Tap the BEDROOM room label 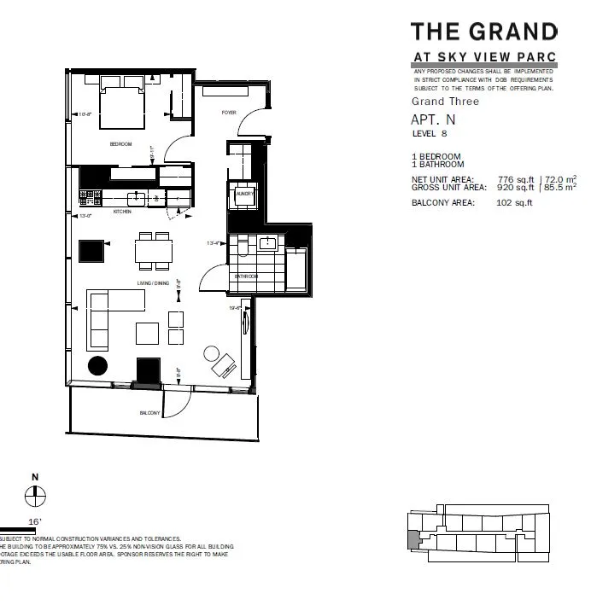pyautogui.click(x=120, y=144)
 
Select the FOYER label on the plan pyautogui.click(x=229, y=112)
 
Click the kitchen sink pyautogui.click(x=131, y=198)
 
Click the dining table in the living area pyautogui.click(x=154, y=251)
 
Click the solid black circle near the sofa pyautogui.click(x=99, y=365)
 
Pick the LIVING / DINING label pyautogui.click(x=153, y=282)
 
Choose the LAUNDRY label pyautogui.click(x=240, y=194)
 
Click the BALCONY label pyautogui.click(x=150, y=413)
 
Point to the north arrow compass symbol pyautogui.click(x=35, y=492)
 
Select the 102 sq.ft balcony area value pyautogui.click(x=514, y=203)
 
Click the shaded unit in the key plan pyautogui.click(x=413, y=539)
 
